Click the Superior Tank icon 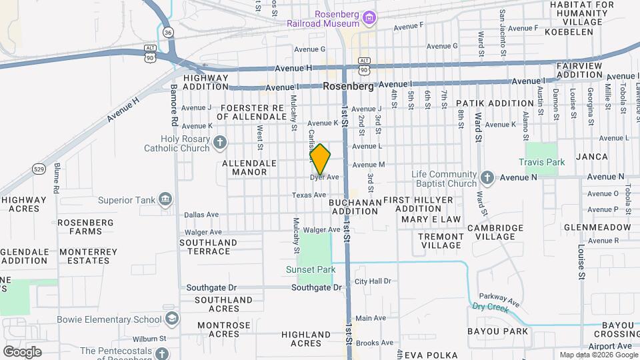pos(165,199)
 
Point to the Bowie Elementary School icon pos(173,319)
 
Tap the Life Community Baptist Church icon pos(487,177)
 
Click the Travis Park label pos(541,162)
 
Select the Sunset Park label pos(310,270)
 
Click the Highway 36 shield pos(168,32)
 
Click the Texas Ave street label pos(309,195)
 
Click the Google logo pos(23,352)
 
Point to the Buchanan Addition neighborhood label pos(355,206)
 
